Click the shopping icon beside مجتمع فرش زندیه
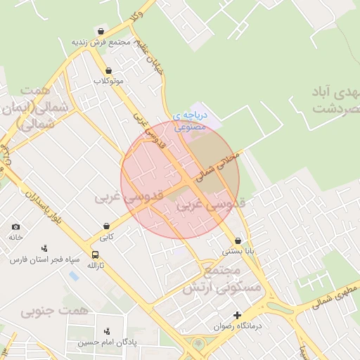[x=102, y=32]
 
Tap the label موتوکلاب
[x=108, y=81]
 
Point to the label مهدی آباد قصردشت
[x=333, y=101]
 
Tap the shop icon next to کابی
[x=105, y=226]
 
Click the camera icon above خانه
[x=16, y=227]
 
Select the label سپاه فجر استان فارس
[x=36, y=259]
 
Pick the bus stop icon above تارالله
[x=95, y=255]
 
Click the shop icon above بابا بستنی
[x=238, y=240]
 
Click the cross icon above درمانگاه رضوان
[x=238, y=315]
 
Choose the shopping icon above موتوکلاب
[x=108, y=70]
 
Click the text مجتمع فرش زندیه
[x=102, y=41]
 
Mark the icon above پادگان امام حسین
[x=107, y=331]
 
